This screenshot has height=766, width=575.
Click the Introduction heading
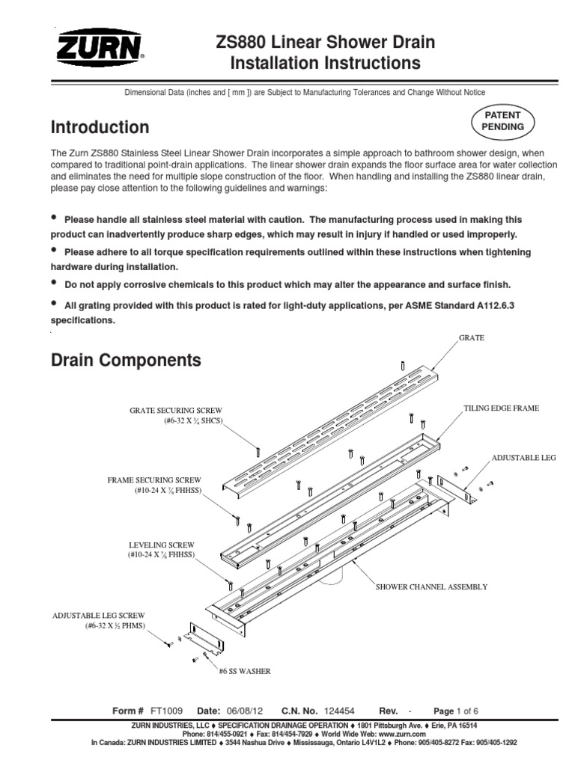pos(100,127)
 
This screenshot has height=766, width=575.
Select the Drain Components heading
pos(126,361)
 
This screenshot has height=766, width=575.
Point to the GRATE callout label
pos(472,338)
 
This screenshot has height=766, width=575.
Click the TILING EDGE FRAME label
pos(502,408)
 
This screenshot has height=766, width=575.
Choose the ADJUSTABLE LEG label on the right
pos(523,456)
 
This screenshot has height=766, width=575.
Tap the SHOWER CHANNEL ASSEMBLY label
pos(431,587)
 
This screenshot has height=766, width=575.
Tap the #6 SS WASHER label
pos(245,672)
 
